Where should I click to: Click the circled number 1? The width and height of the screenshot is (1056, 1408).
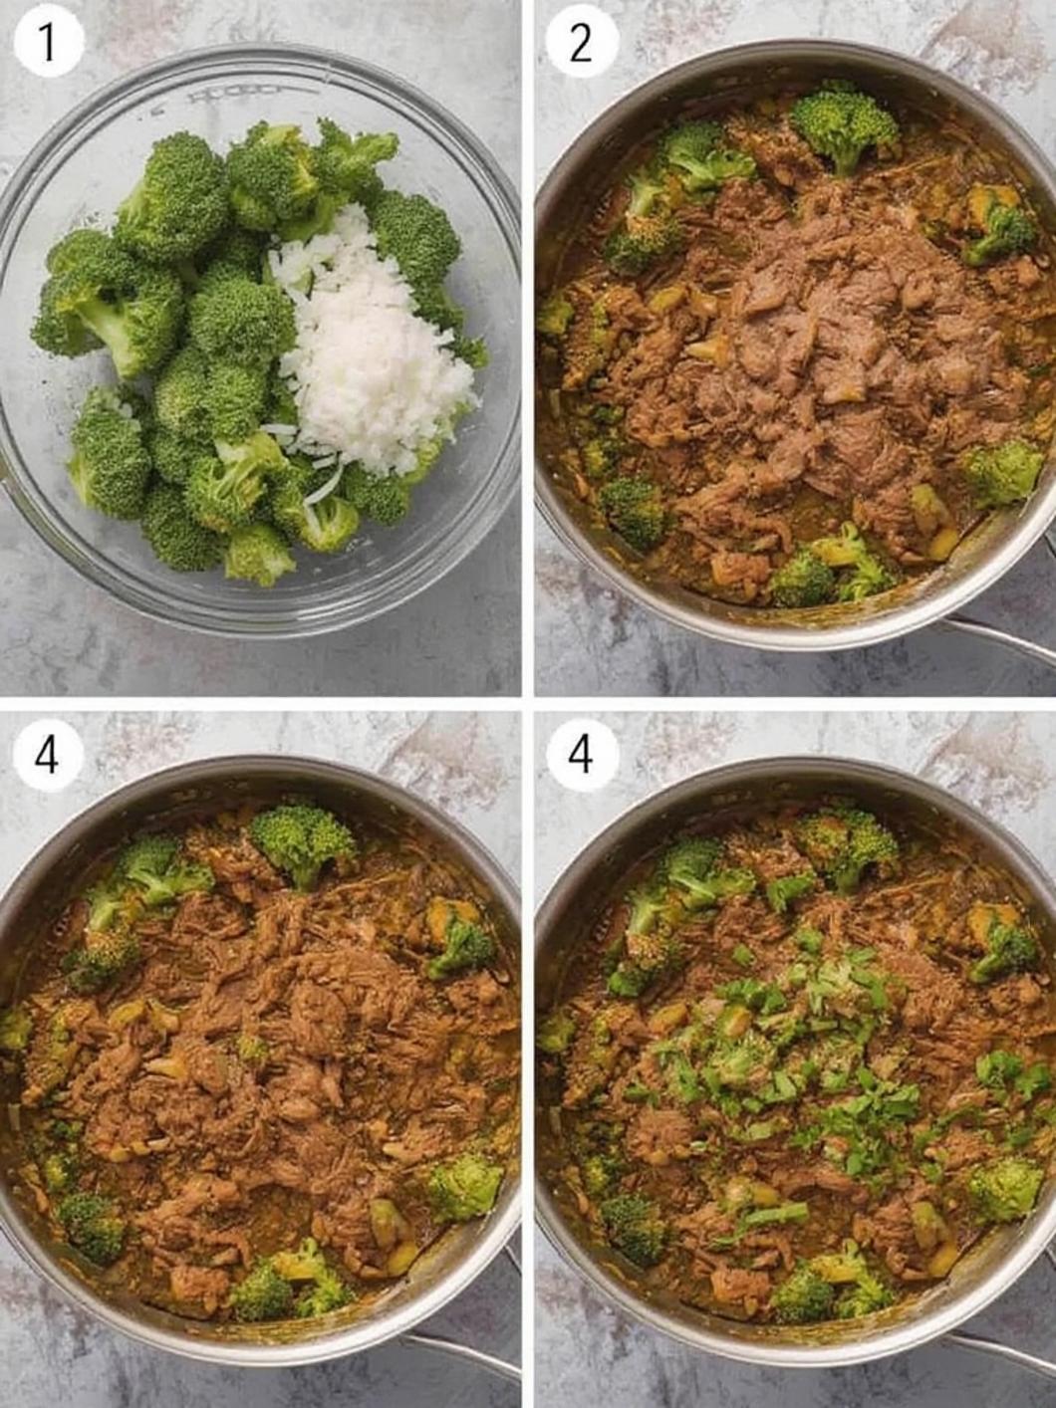point(48,44)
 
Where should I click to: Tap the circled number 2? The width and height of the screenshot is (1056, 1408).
point(581,44)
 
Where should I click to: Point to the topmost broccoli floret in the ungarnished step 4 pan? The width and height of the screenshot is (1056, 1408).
point(302,841)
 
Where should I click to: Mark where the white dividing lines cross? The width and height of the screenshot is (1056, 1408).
point(528,704)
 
